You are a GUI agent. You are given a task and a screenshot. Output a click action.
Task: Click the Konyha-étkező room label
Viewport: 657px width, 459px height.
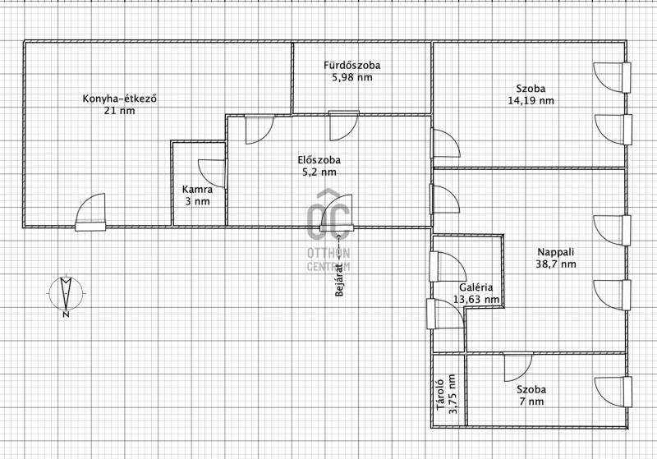pos(120,99)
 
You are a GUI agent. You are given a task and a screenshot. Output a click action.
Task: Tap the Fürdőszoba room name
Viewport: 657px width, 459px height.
pos(352,66)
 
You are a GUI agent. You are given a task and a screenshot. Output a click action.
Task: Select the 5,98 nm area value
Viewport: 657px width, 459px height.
pos(352,77)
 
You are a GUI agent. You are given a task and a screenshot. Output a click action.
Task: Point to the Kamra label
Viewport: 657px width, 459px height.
pos(197,190)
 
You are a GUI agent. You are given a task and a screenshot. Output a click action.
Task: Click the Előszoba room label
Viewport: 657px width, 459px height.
pos(319,160)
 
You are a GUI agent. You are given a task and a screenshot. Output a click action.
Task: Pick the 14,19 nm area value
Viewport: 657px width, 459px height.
pos(531,101)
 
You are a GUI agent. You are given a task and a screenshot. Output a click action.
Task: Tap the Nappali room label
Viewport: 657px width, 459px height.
pos(556,252)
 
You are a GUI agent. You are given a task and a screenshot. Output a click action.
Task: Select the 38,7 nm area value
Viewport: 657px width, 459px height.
pos(556,264)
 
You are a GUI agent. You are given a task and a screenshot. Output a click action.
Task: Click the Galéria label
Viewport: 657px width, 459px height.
pos(476,287)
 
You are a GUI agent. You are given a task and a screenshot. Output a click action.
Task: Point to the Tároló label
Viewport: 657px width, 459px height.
pos(440,395)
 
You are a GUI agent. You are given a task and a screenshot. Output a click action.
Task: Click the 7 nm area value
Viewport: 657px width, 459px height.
pos(531,402)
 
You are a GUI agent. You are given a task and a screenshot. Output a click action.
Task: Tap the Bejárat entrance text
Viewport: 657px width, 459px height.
pos(339,280)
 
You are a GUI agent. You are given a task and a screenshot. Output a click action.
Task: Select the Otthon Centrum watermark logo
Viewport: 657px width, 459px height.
pos(328,231)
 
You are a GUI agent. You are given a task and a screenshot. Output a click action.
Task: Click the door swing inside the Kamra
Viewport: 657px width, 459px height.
pos(212,173)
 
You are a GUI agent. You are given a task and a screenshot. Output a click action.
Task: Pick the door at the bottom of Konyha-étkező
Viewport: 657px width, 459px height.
pos(90,212)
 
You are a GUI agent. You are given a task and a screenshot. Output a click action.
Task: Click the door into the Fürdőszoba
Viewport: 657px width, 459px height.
pos(344,126)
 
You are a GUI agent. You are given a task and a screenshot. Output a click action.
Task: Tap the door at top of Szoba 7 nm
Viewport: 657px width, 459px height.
pos(518,368)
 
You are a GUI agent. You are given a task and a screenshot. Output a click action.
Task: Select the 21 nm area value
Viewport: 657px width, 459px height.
pos(120,111)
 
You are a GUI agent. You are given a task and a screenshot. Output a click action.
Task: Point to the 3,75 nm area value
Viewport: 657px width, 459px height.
pos(453,394)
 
